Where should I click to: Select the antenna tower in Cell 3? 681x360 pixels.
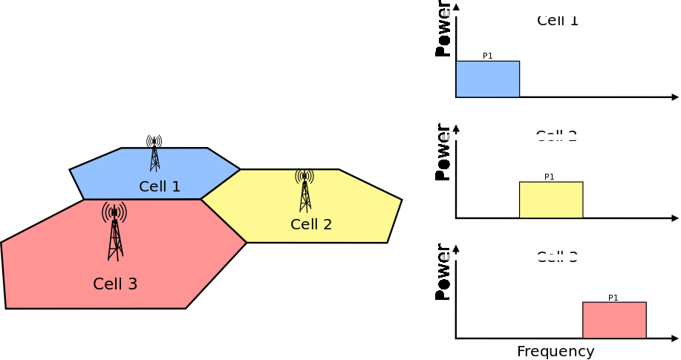pos(114,231)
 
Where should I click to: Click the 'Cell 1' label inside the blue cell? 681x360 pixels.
pos(160,186)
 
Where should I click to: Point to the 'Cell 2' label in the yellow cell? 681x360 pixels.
pos(311,224)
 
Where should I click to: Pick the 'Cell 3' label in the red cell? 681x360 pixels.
pos(115,284)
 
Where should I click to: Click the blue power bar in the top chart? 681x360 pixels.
pos(487,79)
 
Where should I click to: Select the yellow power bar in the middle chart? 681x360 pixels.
pos(550,200)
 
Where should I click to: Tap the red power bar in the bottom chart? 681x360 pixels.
pos(614,321)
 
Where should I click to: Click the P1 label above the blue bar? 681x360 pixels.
pos(488,56)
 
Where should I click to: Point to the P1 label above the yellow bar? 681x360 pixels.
pos(550,177)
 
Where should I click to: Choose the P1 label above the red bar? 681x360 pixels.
pos(613,298)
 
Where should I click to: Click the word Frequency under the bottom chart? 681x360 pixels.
pos(555,352)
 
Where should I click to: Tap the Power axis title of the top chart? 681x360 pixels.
pos(443,30)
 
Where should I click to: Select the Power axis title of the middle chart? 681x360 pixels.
pos(443,151)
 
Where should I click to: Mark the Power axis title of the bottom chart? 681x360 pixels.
pos(443,272)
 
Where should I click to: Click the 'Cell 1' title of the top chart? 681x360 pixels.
pos(557,21)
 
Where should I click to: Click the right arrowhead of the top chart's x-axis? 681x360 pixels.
pos(675,97)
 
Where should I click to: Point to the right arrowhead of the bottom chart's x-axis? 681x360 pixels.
pos(675,338)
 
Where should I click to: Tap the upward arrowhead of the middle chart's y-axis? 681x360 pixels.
pos(456,128)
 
